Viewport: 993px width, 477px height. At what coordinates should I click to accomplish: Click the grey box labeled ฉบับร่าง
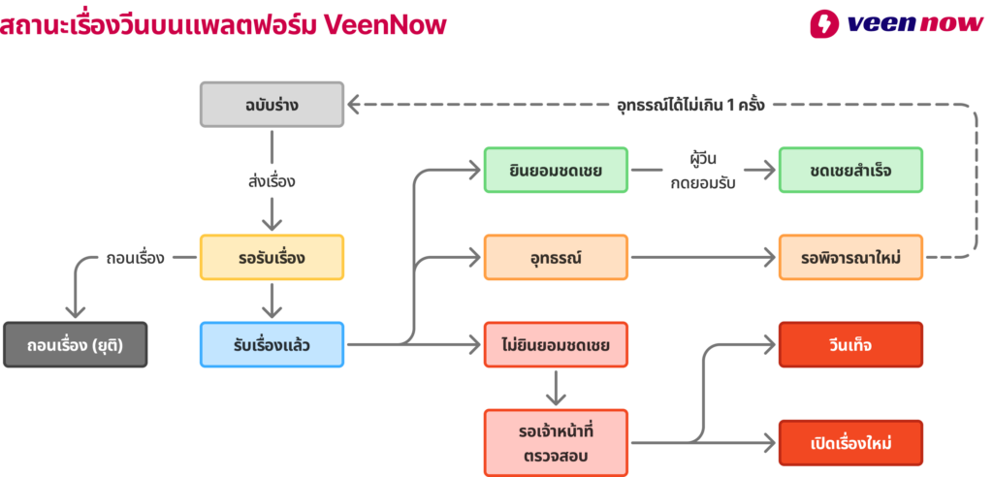pyautogui.click(x=272, y=104)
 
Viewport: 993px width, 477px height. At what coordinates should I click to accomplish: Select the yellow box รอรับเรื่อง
pyautogui.click(x=272, y=258)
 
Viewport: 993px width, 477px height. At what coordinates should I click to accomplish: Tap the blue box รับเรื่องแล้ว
pyautogui.click(x=272, y=344)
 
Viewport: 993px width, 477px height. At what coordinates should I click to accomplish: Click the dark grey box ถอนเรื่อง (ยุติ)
pyautogui.click(x=75, y=344)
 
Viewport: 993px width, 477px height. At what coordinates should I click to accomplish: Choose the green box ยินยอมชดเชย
pyautogui.click(x=556, y=171)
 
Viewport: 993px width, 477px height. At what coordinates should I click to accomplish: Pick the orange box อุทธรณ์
pyautogui.click(x=556, y=258)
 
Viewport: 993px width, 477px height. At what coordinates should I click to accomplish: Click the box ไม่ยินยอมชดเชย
pyautogui.click(x=556, y=344)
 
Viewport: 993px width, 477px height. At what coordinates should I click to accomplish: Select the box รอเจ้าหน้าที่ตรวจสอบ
pyautogui.click(x=556, y=442)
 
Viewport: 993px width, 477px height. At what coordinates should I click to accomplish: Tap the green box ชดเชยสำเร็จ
pyautogui.click(x=850, y=171)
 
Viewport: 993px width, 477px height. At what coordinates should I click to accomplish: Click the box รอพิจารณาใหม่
pyautogui.click(x=850, y=258)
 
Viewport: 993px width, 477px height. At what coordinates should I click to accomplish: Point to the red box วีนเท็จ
pyautogui.click(x=850, y=344)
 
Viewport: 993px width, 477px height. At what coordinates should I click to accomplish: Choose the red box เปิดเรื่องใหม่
pyautogui.click(x=850, y=443)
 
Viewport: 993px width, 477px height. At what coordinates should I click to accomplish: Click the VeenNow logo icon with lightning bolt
pyautogui.click(x=824, y=24)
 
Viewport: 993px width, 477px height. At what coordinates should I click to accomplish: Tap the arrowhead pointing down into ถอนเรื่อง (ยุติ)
pyautogui.click(x=75, y=310)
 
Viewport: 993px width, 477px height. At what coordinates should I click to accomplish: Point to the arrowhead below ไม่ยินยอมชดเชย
pyautogui.click(x=556, y=397)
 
